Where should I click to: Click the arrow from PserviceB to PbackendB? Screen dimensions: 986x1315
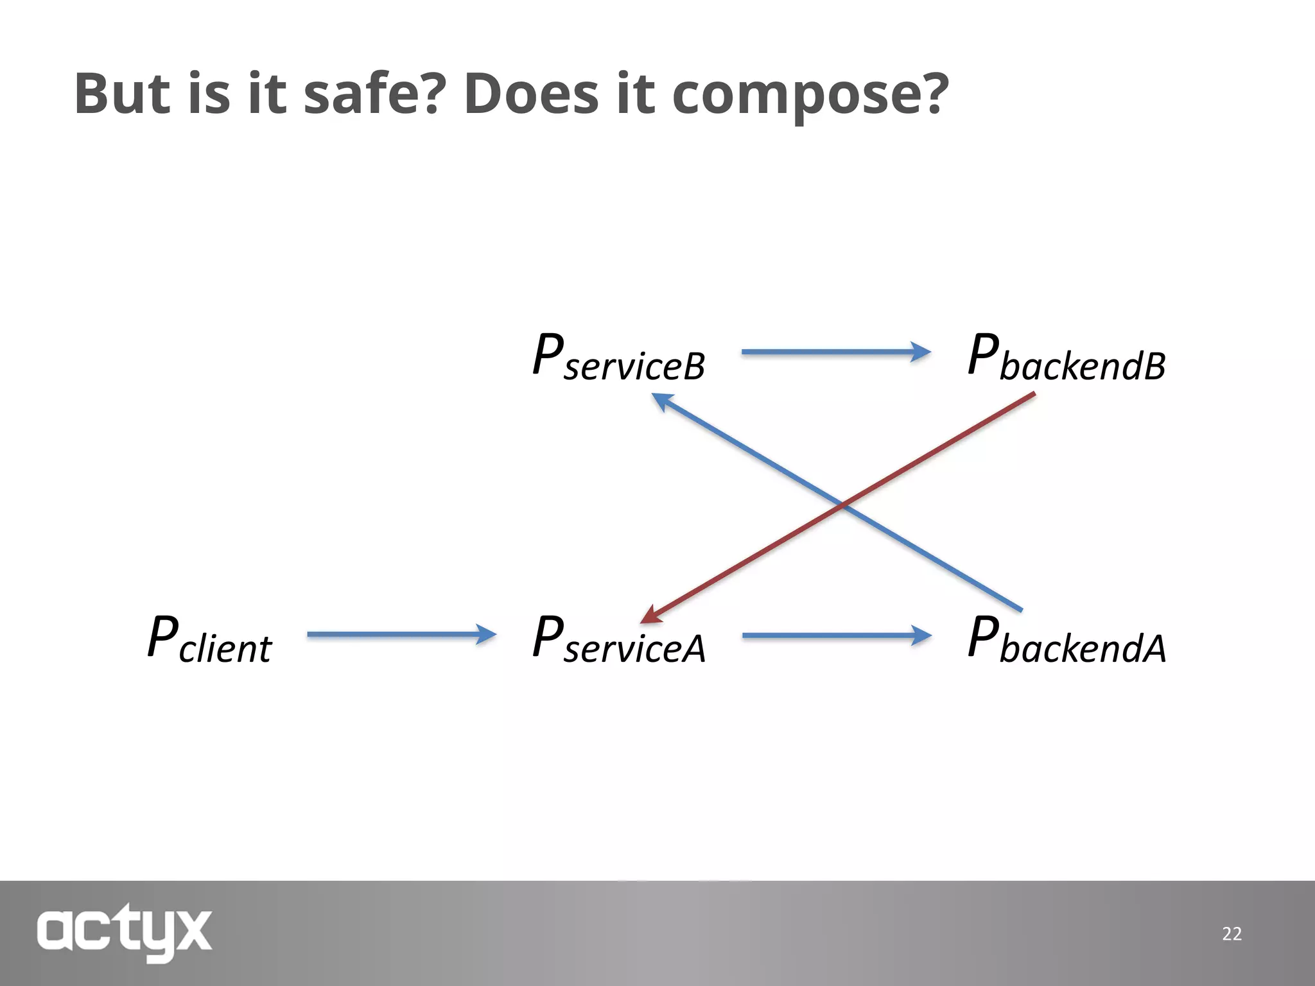pos(835,352)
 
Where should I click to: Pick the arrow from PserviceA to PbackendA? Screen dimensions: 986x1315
pos(835,636)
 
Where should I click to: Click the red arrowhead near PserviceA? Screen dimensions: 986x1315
pos(652,615)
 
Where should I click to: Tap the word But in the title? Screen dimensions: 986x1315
pos(122,94)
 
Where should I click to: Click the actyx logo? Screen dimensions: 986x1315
pos(125,932)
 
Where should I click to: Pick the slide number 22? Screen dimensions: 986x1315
pos(1232,933)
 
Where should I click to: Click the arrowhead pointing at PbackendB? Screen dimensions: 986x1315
pos(921,352)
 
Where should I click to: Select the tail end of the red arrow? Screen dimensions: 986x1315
pos(1032,395)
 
